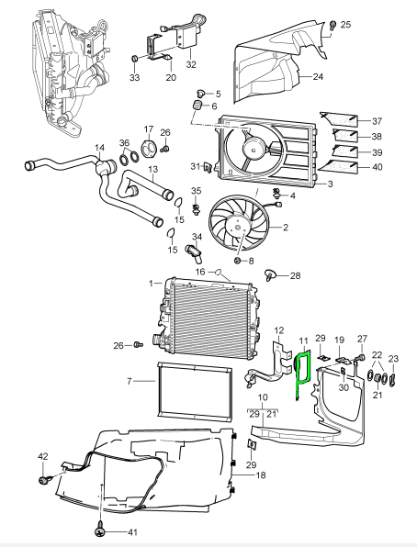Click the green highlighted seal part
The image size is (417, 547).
tap(301, 376)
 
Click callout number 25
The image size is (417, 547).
tap(345, 25)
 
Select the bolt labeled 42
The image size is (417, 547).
tap(43, 479)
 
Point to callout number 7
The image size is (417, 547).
tap(129, 380)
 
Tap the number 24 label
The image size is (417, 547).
tap(318, 77)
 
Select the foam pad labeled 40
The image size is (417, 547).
tap(344, 167)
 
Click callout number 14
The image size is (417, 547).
tap(100, 148)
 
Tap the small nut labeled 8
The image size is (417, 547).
tap(239, 262)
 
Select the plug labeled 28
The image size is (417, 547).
tap(271, 273)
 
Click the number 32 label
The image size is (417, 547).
tap(191, 65)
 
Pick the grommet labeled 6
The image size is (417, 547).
tap(195, 111)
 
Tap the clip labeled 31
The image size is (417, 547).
tap(208, 167)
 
